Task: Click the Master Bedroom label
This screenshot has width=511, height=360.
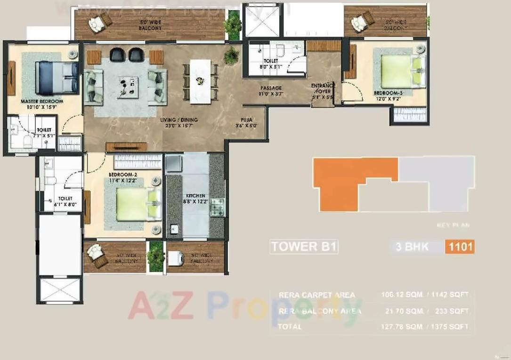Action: [42, 101]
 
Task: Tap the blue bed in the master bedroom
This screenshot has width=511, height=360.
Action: [57, 78]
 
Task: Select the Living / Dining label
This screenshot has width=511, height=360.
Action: [178, 120]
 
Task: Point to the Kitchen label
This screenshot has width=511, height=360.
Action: [195, 195]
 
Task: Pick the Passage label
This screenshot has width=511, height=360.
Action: [271, 88]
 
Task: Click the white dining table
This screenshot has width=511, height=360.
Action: [200, 81]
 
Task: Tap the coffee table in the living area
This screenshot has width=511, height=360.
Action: [129, 85]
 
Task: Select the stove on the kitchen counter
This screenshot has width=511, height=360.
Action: [218, 207]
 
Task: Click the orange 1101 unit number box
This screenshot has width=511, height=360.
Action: [459, 247]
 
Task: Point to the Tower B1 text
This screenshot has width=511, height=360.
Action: [304, 247]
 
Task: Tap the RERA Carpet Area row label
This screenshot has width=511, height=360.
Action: [317, 295]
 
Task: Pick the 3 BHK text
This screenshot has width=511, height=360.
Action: [412, 247]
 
